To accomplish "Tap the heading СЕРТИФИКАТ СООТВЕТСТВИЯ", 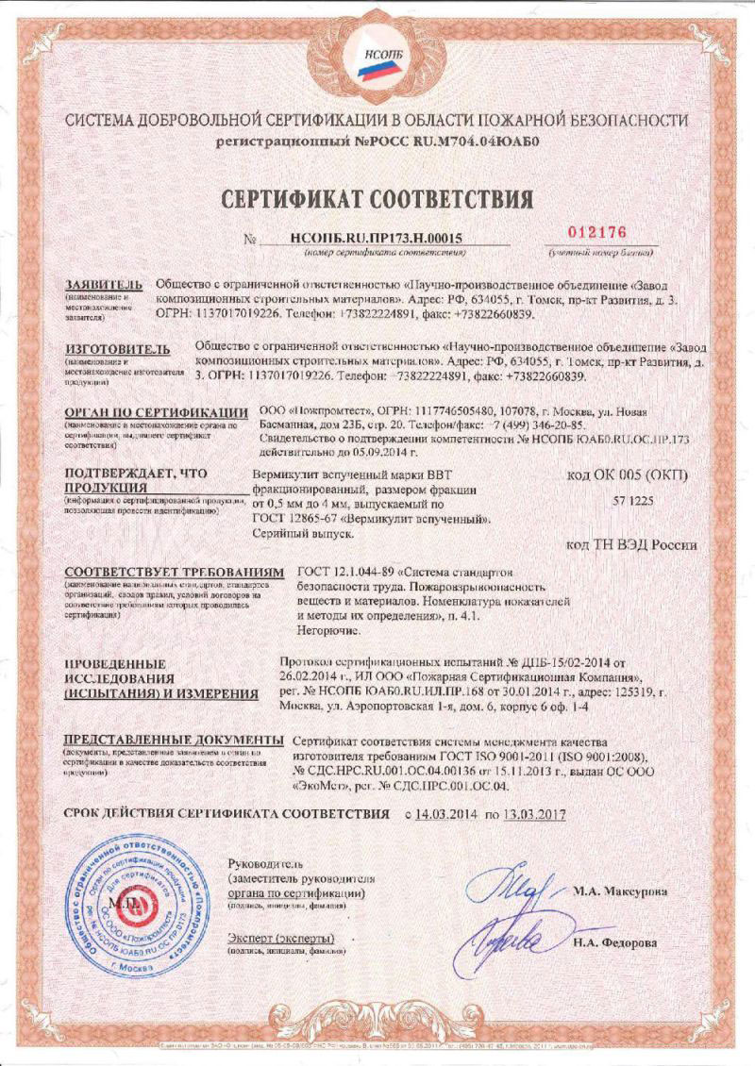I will [x=377, y=198].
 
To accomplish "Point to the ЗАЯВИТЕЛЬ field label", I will [x=103, y=285].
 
